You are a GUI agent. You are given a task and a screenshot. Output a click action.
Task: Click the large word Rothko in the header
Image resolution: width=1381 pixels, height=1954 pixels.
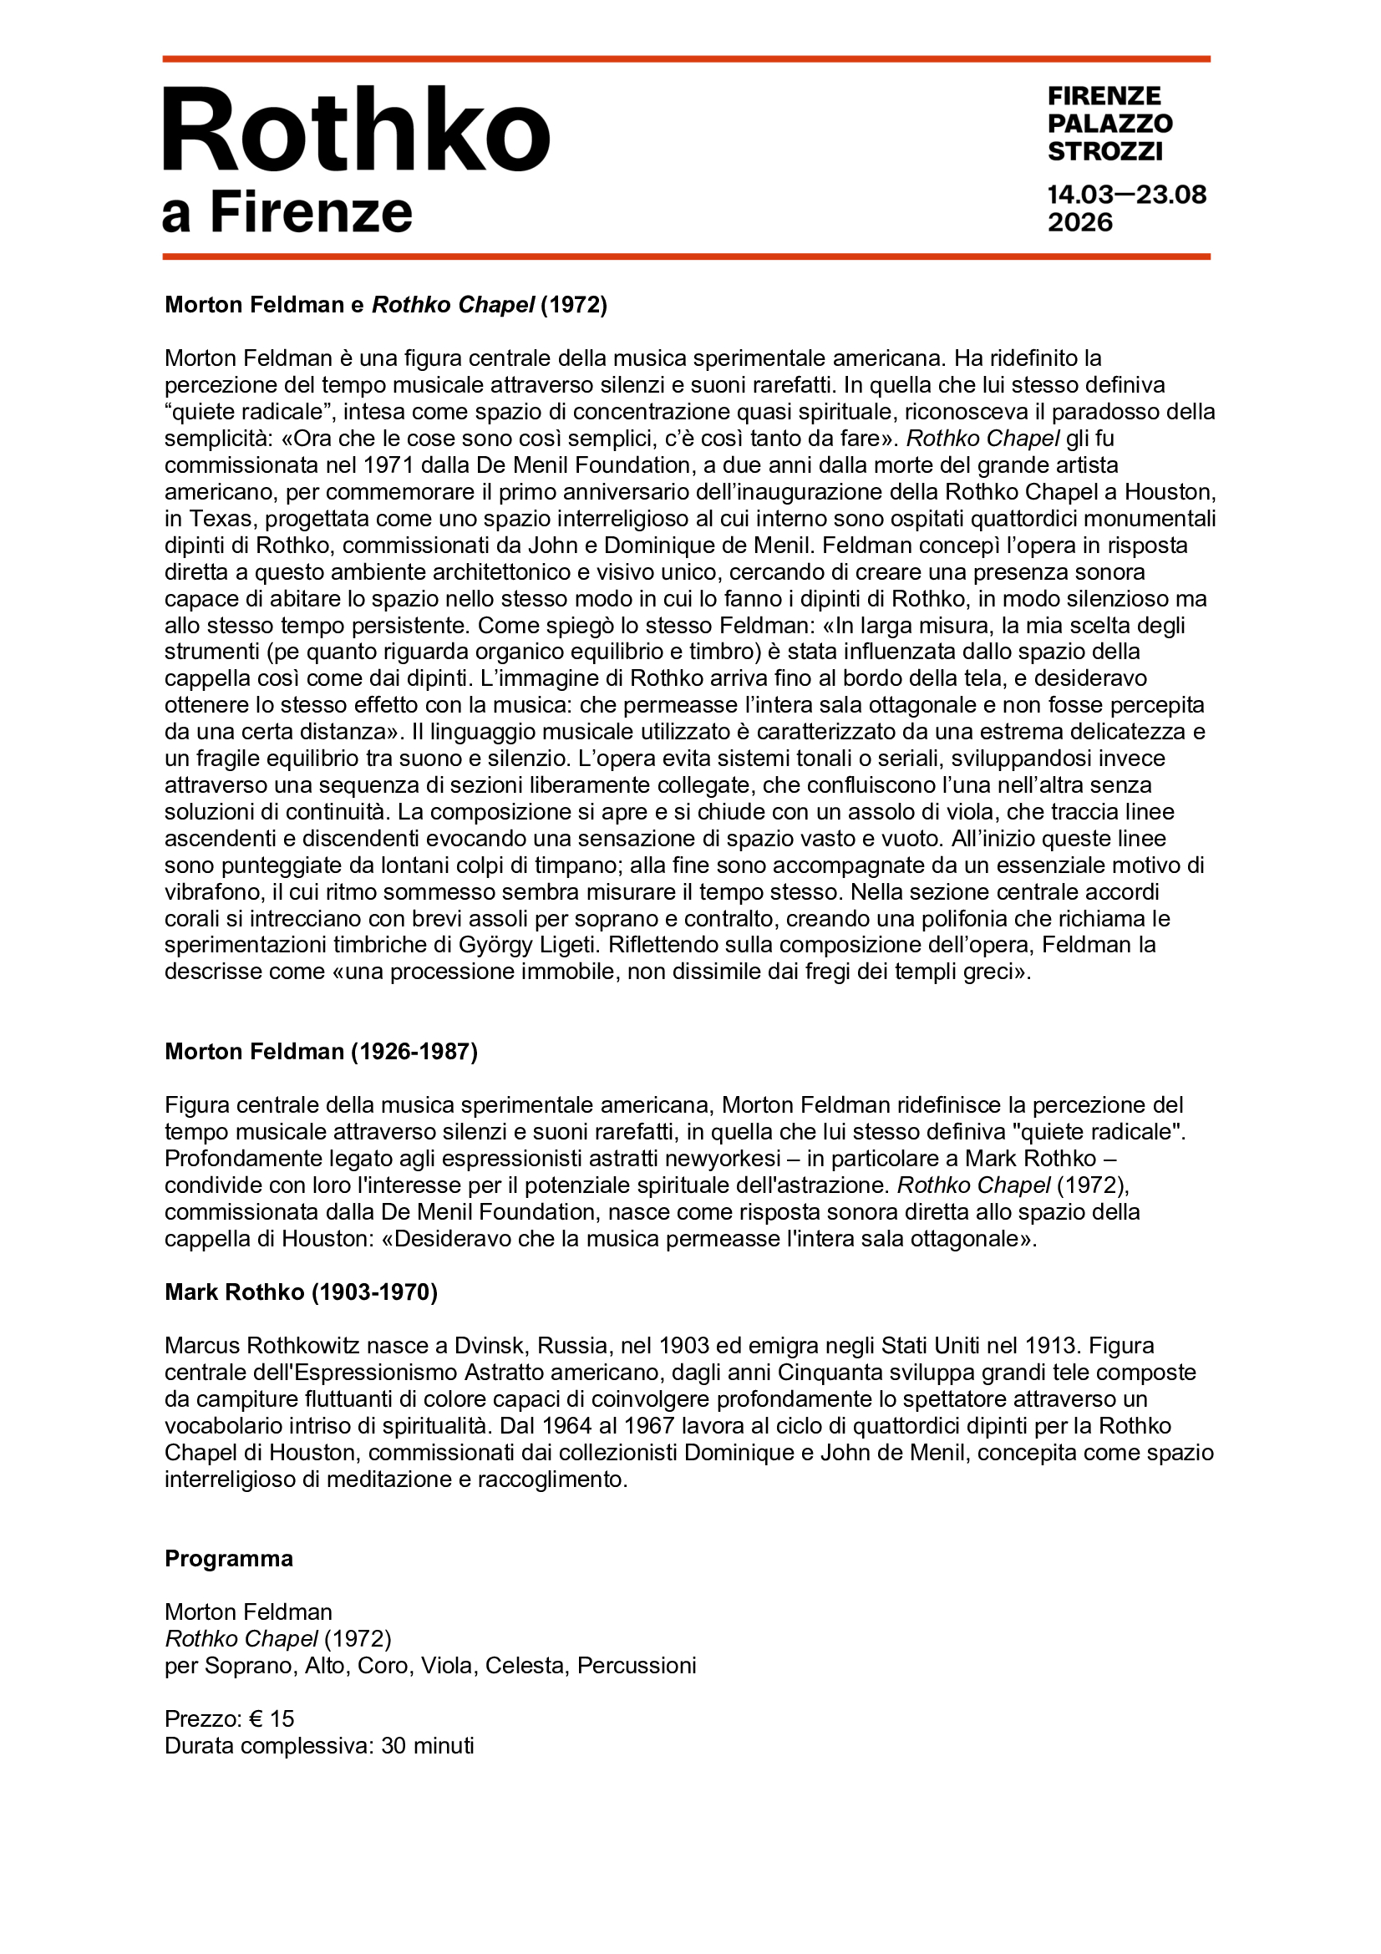(357, 130)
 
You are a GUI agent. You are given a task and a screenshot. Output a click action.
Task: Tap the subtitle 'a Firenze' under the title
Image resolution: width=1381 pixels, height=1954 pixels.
(287, 212)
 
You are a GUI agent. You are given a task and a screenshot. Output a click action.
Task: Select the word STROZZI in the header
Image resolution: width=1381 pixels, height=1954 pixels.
(1104, 151)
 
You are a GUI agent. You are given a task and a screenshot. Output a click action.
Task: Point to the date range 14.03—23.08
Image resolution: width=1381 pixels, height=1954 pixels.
(1125, 195)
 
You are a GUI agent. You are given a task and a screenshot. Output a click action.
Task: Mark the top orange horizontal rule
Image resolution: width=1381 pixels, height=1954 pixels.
(686, 58)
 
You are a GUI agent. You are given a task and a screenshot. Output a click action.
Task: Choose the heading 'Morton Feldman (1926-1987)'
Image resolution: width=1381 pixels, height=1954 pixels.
(321, 1052)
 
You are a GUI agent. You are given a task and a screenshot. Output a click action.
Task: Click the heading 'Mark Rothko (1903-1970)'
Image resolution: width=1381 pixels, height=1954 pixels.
(301, 1292)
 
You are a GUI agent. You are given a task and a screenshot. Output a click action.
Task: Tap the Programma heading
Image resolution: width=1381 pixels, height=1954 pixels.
(228, 1558)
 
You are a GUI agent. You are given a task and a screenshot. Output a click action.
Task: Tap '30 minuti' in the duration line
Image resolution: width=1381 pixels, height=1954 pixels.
(427, 1745)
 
